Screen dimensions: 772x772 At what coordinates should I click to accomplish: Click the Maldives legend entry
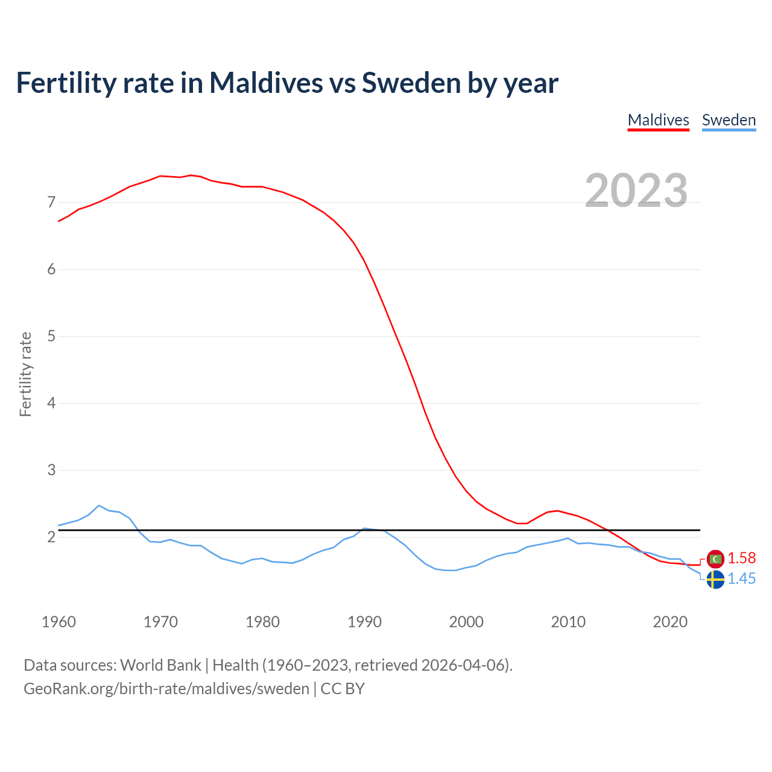pyautogui.click(x=658, y=120)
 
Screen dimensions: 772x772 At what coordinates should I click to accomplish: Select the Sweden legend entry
pyautogui.click(x=729, y=120)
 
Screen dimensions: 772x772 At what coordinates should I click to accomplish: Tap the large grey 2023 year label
pyautogui.click(x=636, y=191)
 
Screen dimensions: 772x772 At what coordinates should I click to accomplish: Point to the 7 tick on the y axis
pyautogui.click(x=51, y=202)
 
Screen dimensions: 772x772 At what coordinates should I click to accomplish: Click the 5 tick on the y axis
pyautogui.click(x=51, y=336)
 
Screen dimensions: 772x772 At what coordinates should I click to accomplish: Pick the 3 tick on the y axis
pyautogui.click(x=51, y=470)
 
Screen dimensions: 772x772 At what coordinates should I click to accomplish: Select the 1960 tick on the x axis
pyautogui.click(x=59, y=622)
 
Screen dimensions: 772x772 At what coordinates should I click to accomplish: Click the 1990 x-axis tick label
pyautogui.click(x=364, y=622)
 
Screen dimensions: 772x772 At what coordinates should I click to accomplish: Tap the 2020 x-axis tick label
pyautogui.click(x=670, y=622)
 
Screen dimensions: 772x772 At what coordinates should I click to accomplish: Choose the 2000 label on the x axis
pyautogui.click(x=466, y=622)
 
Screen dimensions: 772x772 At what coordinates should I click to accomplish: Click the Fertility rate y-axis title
pyautogui.click(x=25, y=374)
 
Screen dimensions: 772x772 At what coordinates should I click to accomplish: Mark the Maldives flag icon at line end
pyautogui.click(x=715, y=559)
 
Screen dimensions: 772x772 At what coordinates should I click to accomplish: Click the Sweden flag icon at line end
pyautogui.click(x=715, y=580)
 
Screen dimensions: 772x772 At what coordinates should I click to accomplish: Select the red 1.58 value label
pyautogui.click(x=741, y=558)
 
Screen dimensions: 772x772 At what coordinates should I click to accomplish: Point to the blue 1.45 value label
pyautogui.click(x=741, y=579)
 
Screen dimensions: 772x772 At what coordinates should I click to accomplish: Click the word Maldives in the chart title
pyautogui.click(x=266, y=83)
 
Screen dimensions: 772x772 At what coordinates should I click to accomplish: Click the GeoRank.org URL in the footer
pyautogui.click(x=166, y=689)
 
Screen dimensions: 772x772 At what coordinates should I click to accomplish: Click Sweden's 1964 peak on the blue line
pyautogui.click(x=99, y=505)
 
